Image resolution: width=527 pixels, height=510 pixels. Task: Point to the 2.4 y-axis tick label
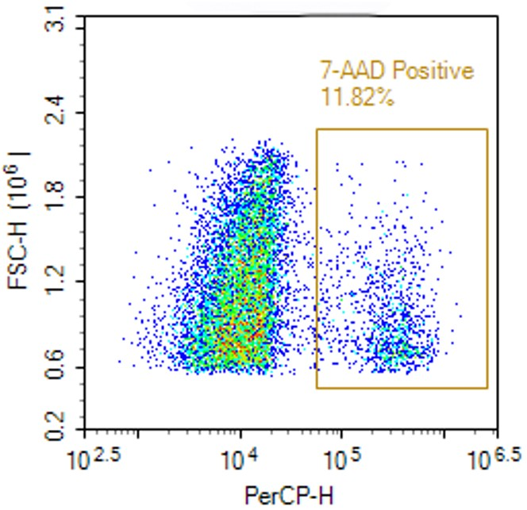coord(56,113)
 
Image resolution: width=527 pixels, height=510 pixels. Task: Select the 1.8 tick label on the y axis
coord(56,197)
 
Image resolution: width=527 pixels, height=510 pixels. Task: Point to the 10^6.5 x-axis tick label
coord(497,458)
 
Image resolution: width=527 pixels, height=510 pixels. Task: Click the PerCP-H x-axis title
coord(290,497)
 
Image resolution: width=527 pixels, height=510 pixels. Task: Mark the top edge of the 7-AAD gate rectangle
coord(402,128)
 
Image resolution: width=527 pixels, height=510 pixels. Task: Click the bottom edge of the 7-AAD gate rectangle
coord(402,389)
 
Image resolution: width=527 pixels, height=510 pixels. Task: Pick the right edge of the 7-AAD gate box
coord(487,259)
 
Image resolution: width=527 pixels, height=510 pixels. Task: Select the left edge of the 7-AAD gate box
coord(317,259)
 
